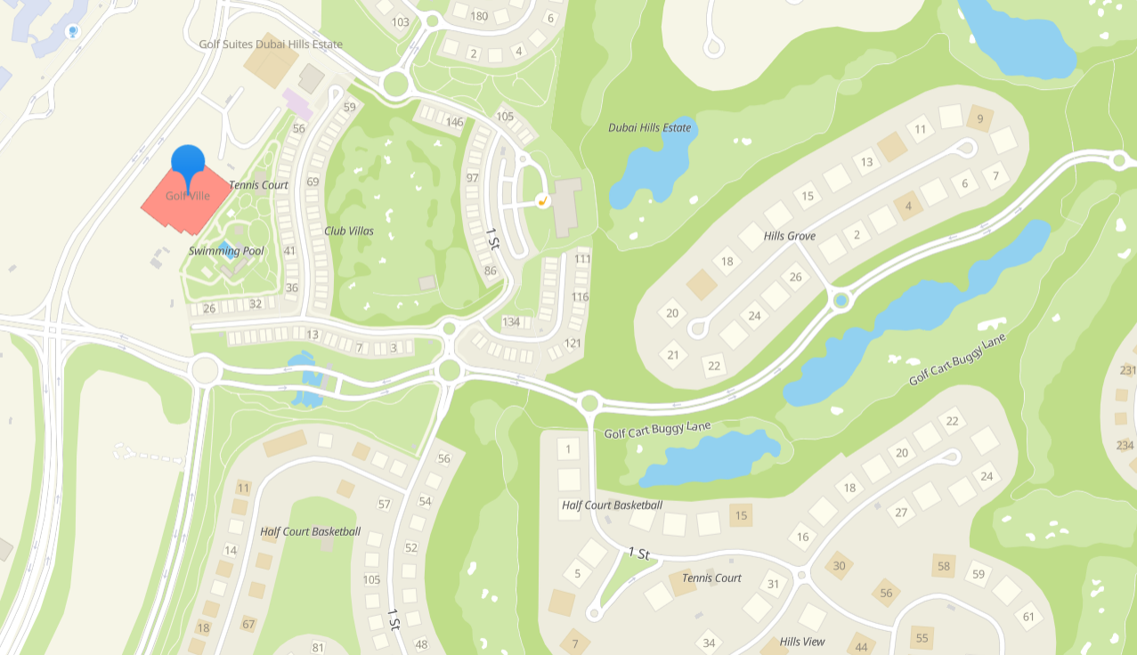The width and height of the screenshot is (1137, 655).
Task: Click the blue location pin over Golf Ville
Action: (188, 162)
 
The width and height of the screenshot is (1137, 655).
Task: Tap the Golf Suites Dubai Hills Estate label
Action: (271, 44)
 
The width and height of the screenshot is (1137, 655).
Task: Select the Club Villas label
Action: (349, 231)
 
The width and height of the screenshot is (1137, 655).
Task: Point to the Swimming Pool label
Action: (226, 252)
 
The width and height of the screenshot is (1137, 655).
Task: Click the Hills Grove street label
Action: (790, 237)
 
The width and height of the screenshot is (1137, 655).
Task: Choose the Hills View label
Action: (802, 642)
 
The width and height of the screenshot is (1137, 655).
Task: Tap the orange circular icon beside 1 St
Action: (541, 201)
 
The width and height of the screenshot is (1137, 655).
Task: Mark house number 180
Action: (479, 16)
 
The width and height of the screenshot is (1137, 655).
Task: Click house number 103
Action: (401, 22)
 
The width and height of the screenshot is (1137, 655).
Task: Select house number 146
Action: (455, 123)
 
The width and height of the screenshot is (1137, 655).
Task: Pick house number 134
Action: (511, 322)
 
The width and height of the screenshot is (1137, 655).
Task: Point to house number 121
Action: (573, 344)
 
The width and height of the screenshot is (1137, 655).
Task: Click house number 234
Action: (1125, 445)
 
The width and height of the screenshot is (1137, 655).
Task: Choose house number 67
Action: (248, 625)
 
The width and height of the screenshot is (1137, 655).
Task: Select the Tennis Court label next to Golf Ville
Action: (259, 185)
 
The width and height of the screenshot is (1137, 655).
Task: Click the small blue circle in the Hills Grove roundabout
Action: (841, 301)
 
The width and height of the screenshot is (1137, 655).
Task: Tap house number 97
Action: (472, 178)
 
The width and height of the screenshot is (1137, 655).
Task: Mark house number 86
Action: (490, 271)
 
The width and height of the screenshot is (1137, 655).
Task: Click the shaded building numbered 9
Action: (980, 119)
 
